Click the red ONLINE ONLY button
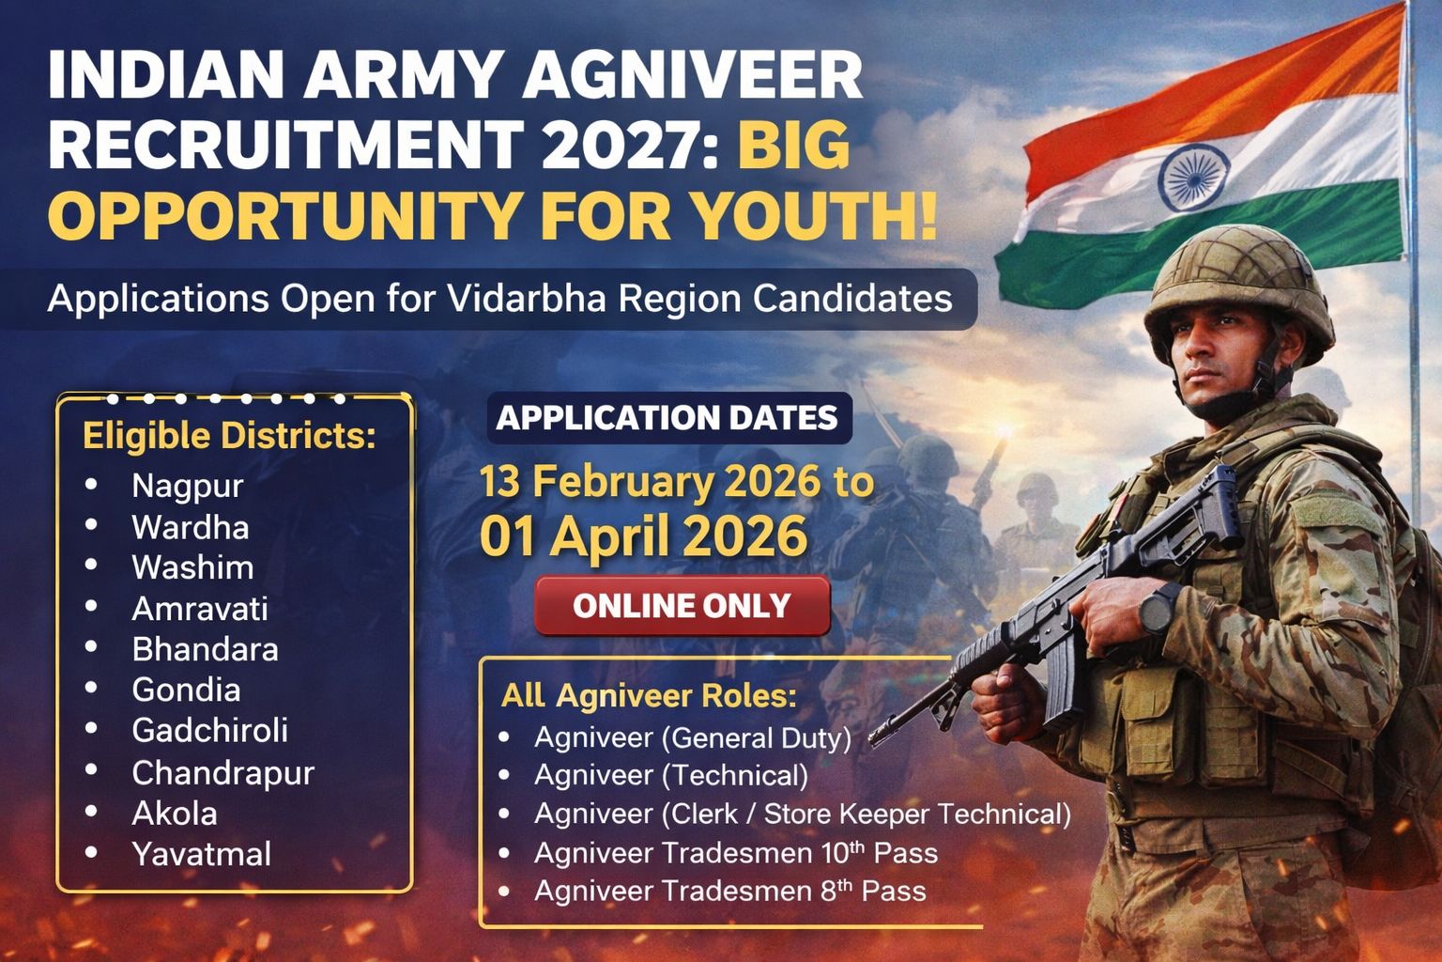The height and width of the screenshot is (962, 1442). [x=682, y=606]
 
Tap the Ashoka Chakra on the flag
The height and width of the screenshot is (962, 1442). [x=1188, y=178]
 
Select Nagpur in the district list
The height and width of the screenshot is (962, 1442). [x=187, y=486]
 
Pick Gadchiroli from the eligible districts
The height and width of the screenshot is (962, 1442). [x=209, y=730]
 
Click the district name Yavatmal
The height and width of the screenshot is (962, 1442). [x=201, y=854]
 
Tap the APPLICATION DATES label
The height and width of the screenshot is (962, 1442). [x=667, y=417]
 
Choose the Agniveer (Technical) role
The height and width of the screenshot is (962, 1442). [x=670, y=775]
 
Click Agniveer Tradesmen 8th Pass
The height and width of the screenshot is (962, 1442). [x=729, y=891]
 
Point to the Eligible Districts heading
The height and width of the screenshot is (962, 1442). [x=229, y=437]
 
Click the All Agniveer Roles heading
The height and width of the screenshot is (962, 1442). [x=648, y=696]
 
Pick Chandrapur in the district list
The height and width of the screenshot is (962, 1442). [x=222, y=772]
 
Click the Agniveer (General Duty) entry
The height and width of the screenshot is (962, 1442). [x=692, y=737]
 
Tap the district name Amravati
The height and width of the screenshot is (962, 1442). [x=199, y=609]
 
